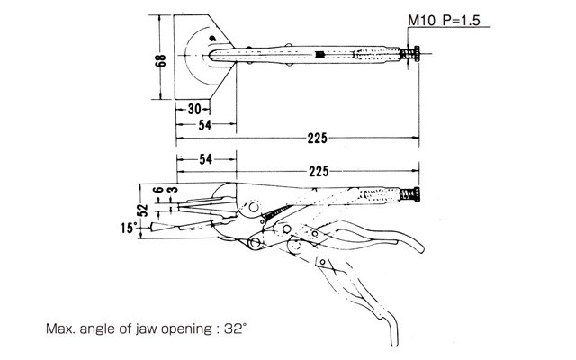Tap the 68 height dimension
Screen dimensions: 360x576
[x=160, y=61]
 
